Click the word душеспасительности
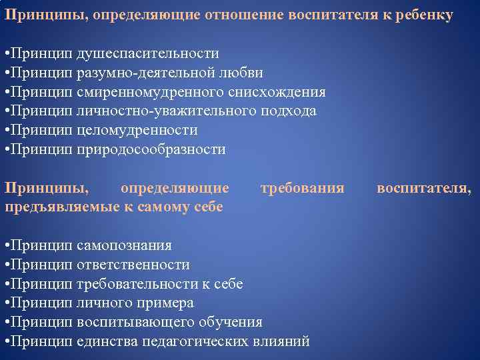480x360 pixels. tap(148, 53)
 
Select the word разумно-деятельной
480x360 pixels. tap(137, 73)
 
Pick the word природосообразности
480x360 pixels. tap(151, 150)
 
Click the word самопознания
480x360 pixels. tap(124, 245)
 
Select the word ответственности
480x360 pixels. tap(133, 265)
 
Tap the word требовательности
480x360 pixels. tap(137, 284)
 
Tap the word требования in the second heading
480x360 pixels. tap(303, 189)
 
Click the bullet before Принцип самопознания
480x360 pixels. tap(7, 245)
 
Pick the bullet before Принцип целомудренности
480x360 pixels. tap(7, 131)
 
